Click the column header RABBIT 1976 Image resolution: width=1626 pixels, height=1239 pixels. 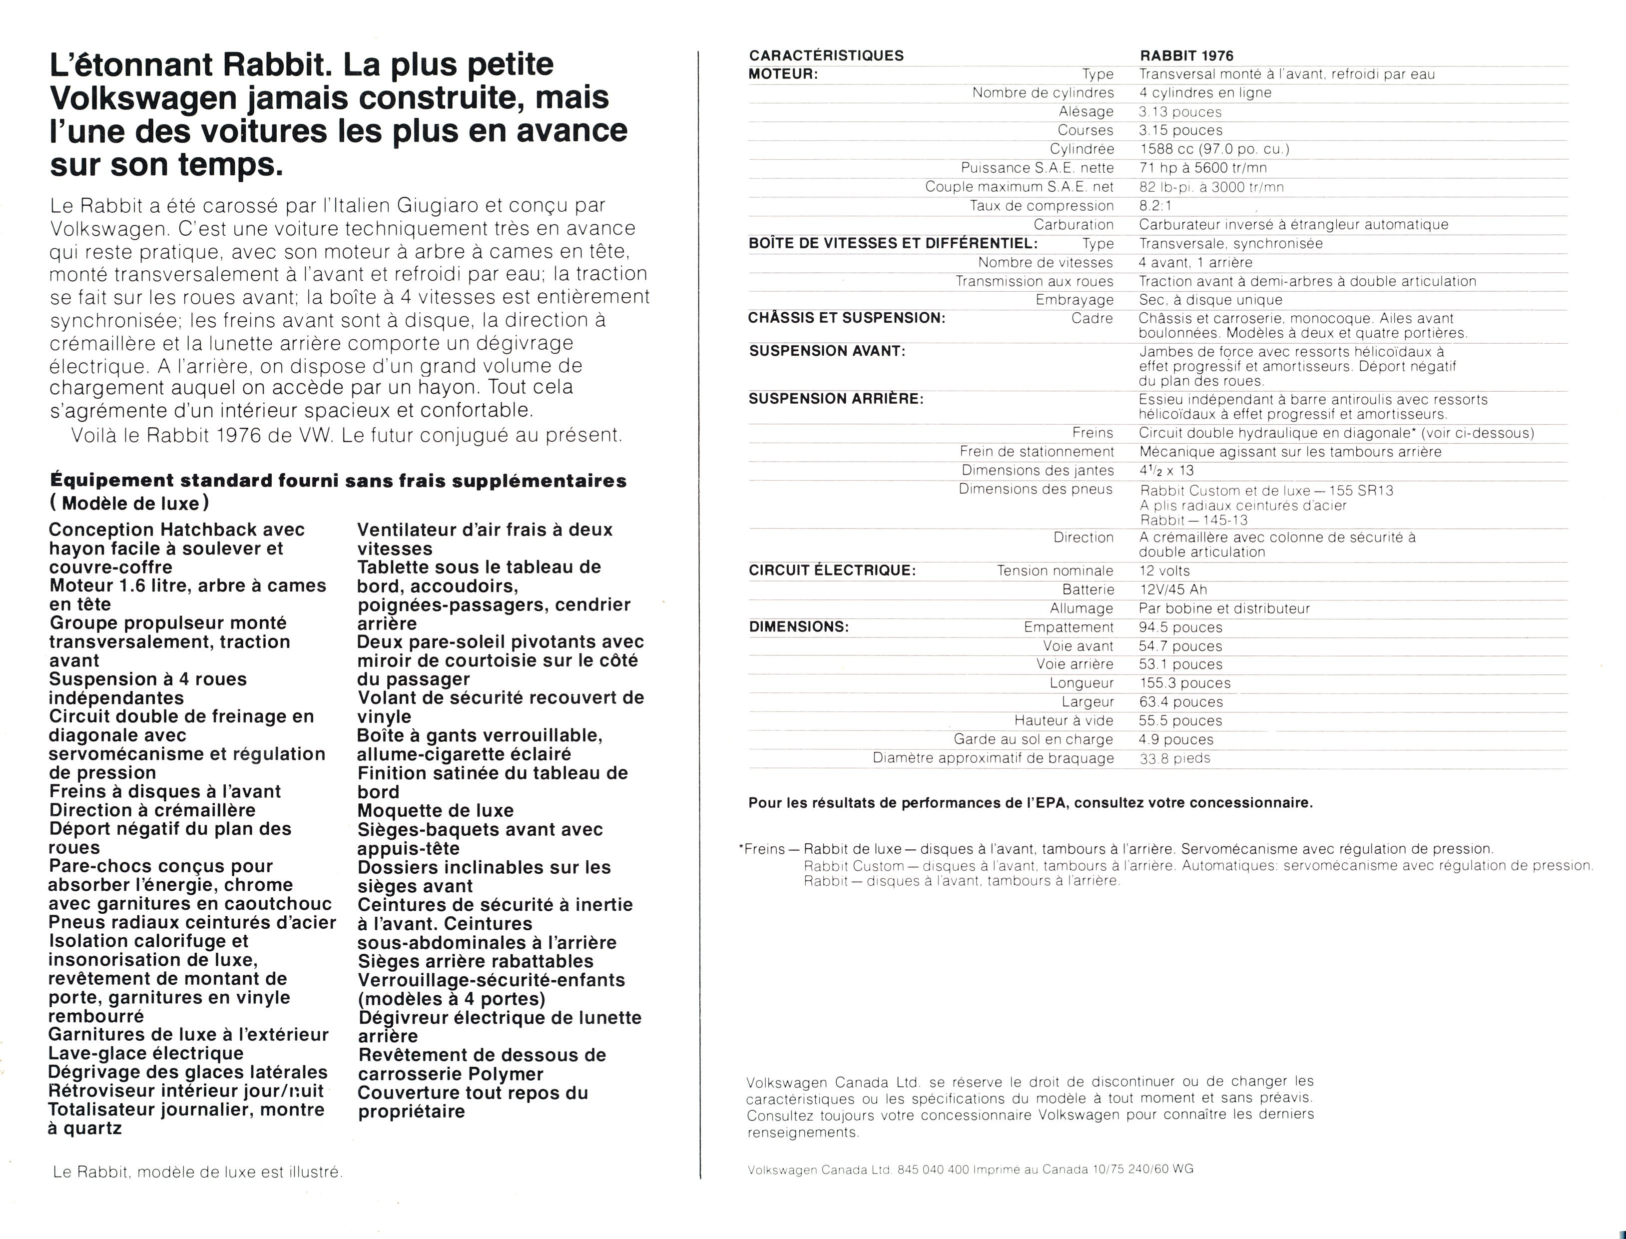tap(1186, 56)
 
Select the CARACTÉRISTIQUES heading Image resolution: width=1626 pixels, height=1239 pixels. tap(826, 55)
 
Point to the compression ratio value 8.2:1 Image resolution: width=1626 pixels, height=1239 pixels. tap(1155, 206)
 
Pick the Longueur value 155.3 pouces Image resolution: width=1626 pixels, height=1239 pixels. tap(1185, 683)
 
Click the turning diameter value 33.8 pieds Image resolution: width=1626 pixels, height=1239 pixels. tap(1175, 758)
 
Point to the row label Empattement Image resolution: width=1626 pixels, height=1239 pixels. tap(1069, 627)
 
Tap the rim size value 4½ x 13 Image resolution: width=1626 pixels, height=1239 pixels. tap(1166, 471)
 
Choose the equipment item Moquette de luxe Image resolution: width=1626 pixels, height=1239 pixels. tap(435, 810)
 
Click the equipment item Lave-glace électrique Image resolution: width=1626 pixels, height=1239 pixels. tap(146, 1053)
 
